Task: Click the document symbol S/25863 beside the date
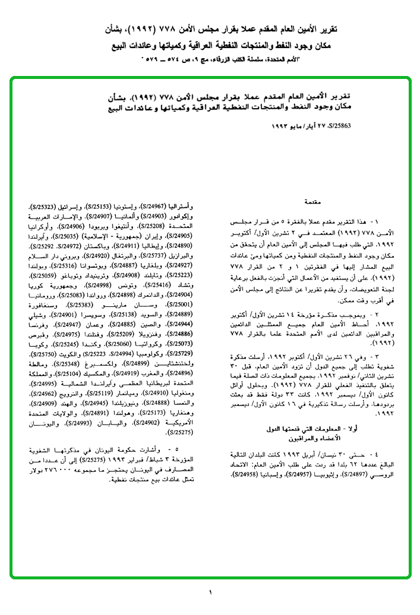[x=339, y=126]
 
